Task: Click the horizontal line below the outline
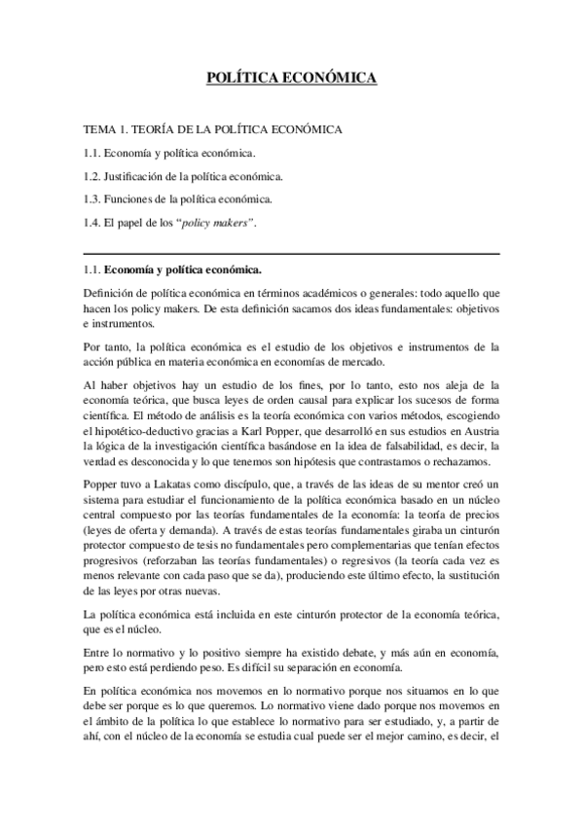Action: [292, 253]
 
